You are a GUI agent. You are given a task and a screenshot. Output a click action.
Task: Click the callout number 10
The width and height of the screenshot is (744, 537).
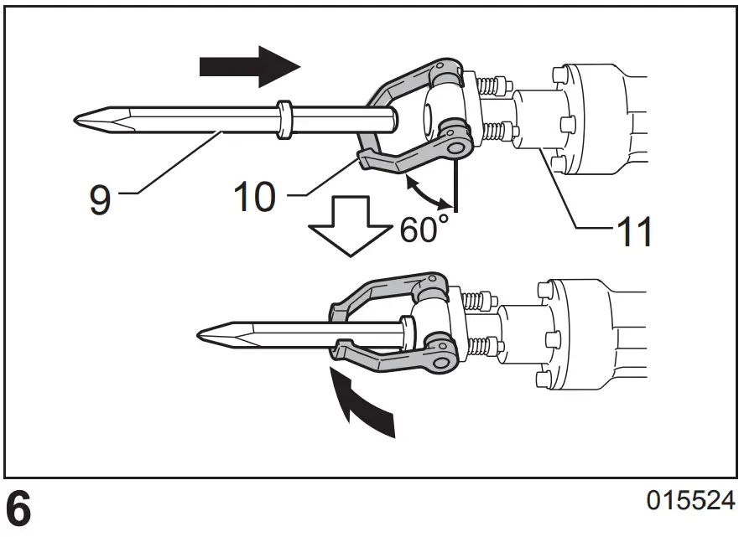point(254,198)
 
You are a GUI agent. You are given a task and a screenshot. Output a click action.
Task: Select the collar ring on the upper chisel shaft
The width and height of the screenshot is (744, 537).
point(284,118)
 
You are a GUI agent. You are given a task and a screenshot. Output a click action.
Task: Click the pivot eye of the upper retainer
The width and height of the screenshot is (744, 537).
point(455,147)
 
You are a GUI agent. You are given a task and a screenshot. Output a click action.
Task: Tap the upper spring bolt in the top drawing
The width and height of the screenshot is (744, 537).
point(491,85)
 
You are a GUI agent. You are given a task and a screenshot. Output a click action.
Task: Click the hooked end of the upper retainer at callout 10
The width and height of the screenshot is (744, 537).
point(367,160)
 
